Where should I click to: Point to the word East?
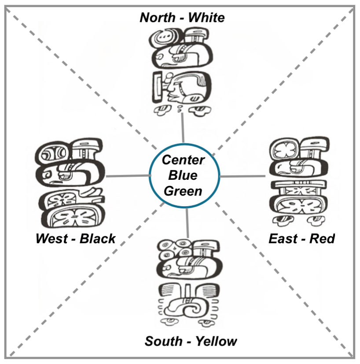coord(284,239)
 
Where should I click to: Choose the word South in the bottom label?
coord(164,341)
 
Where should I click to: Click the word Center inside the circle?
coord(183,160)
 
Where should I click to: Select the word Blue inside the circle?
coord(183,175)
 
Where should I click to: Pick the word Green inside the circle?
coord(183,191)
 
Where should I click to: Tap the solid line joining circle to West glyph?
coord(128,176)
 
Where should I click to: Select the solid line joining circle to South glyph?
coord(187,224)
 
